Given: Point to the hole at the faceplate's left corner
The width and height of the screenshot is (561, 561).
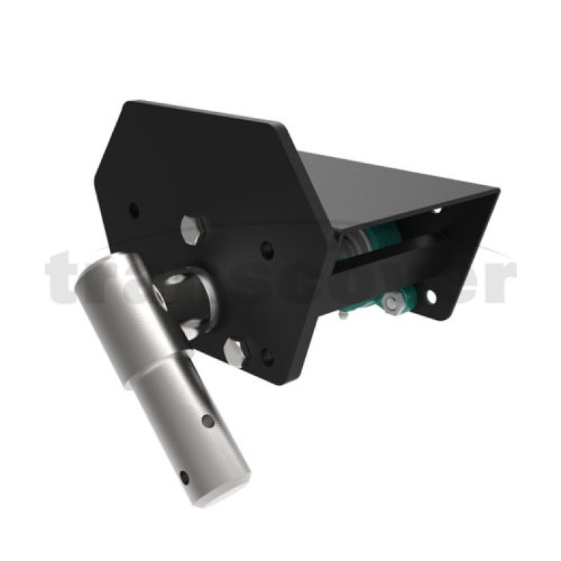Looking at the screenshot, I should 135,209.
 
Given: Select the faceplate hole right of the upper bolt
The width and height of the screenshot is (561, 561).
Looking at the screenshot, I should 267,248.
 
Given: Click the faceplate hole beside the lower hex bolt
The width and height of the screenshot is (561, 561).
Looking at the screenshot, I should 267,356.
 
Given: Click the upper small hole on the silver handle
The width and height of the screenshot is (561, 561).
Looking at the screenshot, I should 208,421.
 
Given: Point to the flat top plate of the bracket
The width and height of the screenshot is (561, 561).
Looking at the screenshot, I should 393,186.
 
